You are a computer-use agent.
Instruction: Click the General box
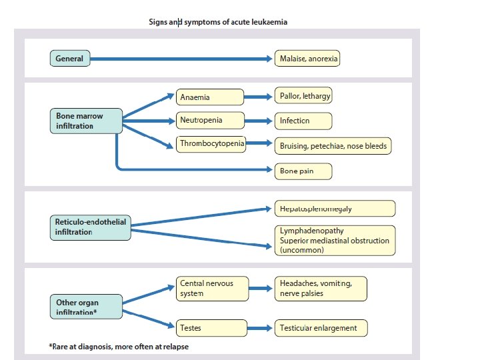coord(69,59)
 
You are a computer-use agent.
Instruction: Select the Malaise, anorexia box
coord(307,59)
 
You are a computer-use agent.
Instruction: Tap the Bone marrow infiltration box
coord(85,121)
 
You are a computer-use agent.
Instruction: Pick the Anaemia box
coord(209,97)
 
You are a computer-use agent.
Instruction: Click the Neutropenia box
coord(209,121)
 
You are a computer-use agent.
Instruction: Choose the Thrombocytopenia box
coord(211,143)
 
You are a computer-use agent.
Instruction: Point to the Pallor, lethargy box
coord(303,97)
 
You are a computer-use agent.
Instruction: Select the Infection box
coord(303,121)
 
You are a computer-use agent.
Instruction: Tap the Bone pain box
coord(303,171)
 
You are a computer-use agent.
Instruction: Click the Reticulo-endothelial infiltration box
coord(90,227)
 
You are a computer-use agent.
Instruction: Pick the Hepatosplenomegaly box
coord(335,209)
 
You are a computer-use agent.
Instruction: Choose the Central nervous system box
coord(213,289)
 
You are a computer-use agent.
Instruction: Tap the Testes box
coord(209,328)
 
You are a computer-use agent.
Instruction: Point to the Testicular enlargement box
coord(321,328)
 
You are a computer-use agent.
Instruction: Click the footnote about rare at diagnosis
coord(123,347)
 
